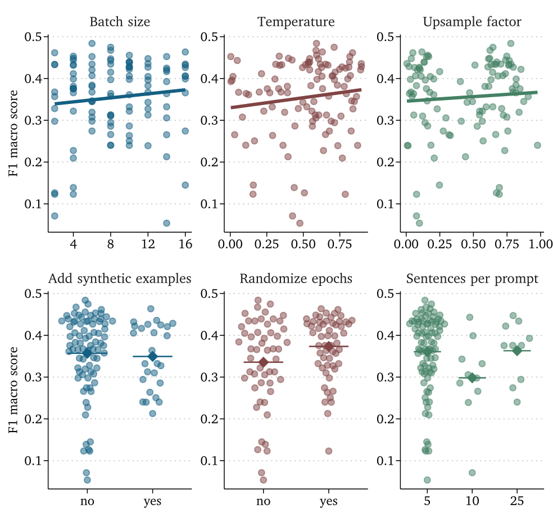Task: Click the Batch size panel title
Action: (x=120, y=22)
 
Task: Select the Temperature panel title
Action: (x=296, y=22)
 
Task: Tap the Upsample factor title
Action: (x=472, y=22)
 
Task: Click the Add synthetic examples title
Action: (x=120, y=279)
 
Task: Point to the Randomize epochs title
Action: (x=296, y=279)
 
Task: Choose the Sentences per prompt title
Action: (x=472, y=279)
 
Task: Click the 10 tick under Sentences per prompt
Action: (x=472, y=501)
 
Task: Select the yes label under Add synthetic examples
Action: (x=152, y=501)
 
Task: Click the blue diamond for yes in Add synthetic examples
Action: (x=152, y=356)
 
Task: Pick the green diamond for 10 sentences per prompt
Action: (x=472, y=378)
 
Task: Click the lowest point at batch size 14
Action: (x=166, y=223)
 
